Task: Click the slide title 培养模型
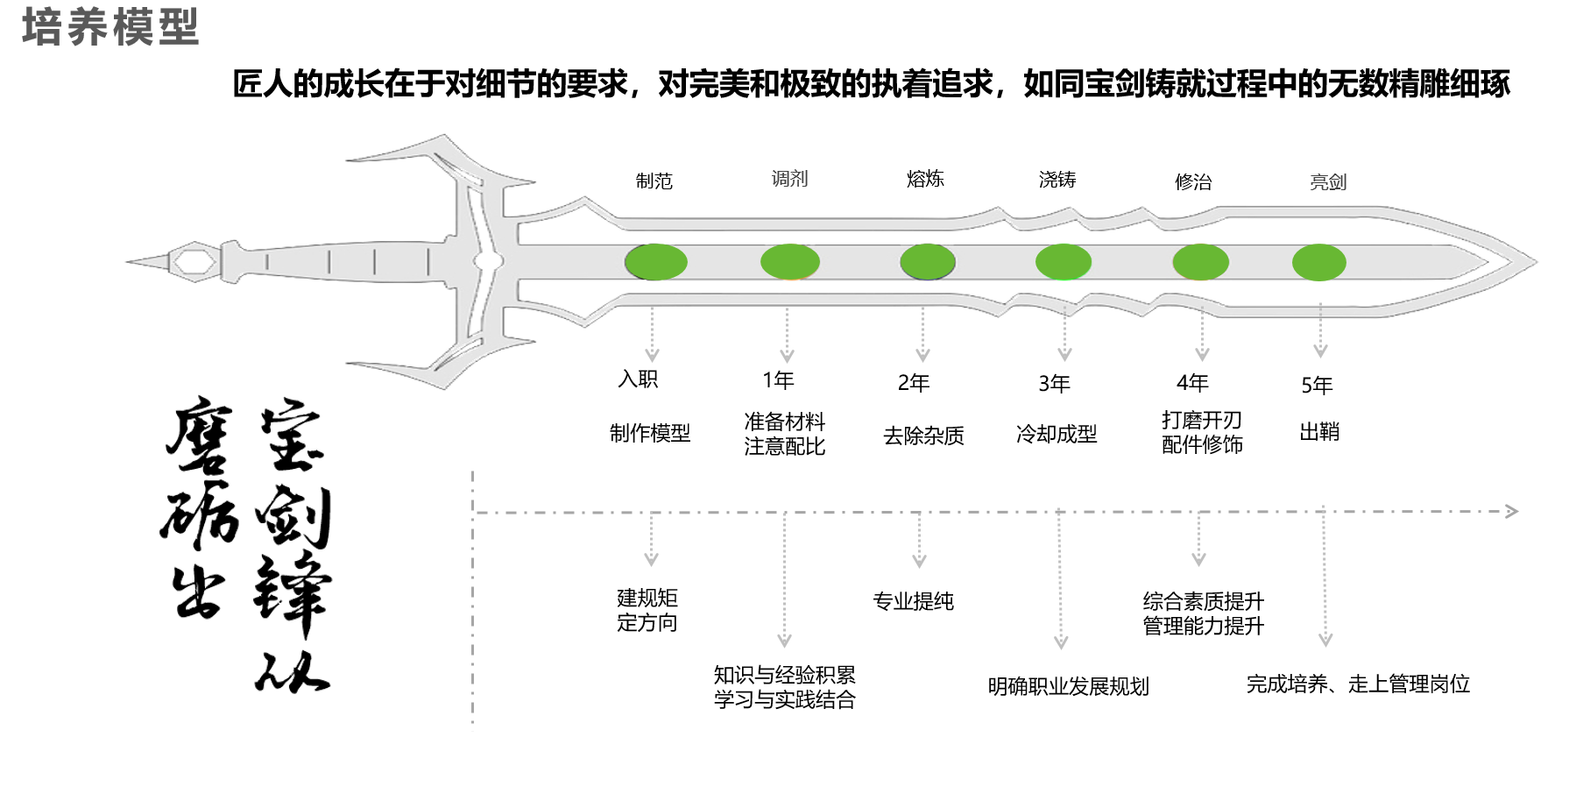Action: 110,26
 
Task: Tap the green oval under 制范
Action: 655,262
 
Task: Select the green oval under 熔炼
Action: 928,262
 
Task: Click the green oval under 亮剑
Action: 1318,262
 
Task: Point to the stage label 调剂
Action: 789,179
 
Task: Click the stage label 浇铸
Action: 1057,180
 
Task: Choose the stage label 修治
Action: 1193,182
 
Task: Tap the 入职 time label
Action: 638,379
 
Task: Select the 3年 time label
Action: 1054,384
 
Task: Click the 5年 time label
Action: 1317,386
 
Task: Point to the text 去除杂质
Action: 923,436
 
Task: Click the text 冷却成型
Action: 1057,434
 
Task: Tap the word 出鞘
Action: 1318,431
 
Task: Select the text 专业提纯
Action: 913,601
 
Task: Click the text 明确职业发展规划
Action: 1068,686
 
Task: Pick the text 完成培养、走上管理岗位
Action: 1358,684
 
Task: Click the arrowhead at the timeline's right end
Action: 1511,511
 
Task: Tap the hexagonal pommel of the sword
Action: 193,261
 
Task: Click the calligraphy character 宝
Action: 292,436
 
